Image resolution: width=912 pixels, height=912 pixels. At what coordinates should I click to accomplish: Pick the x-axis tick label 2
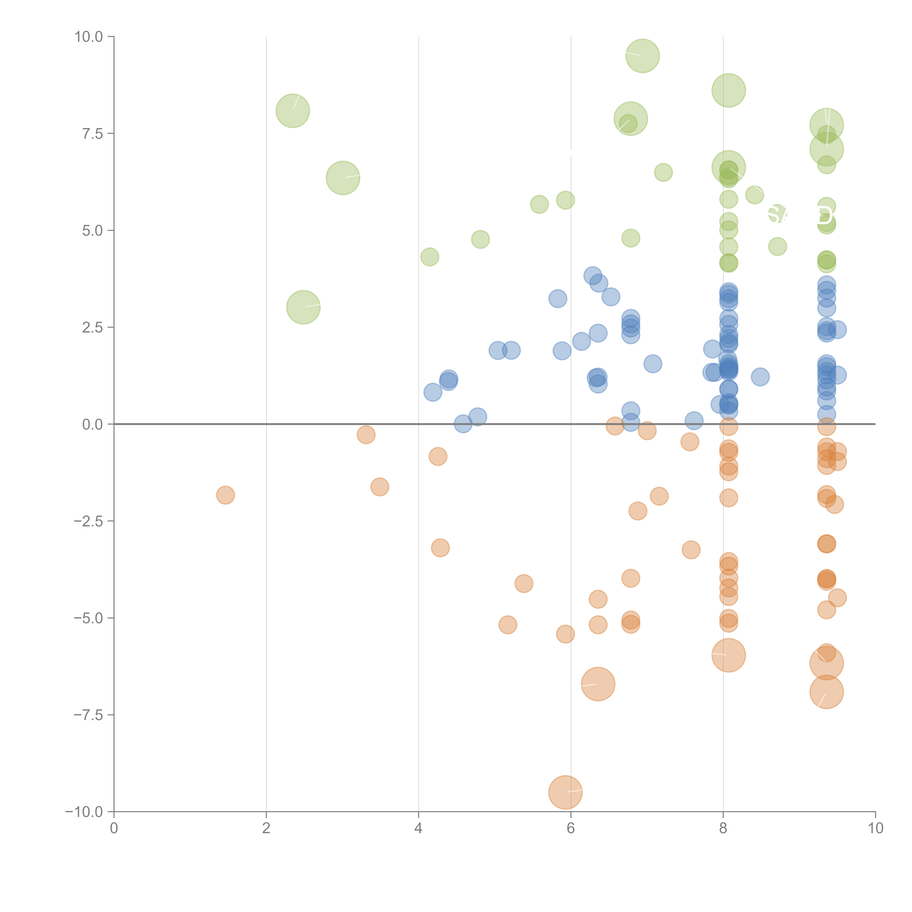click(x=266, y=828)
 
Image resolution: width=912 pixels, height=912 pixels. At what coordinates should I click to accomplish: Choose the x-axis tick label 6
click(x=571, y=828)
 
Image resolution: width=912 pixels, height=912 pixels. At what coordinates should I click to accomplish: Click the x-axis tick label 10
click(x=875, y=828)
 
